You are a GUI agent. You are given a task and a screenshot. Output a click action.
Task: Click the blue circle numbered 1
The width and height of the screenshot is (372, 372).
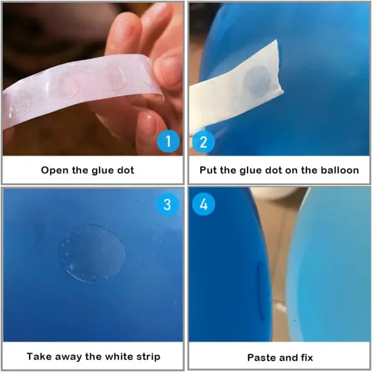click(x=168, y=141)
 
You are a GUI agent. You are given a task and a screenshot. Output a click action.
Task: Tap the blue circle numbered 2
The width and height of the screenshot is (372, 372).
click(x=204, y=142)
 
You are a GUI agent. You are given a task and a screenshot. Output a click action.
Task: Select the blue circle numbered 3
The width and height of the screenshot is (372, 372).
click(x=167, y=204)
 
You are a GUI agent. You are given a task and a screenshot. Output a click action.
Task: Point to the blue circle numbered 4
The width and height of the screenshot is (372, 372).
click(x=204, y=204)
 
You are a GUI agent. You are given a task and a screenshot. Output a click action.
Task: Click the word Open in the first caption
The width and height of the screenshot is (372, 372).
click(x=55, y=170)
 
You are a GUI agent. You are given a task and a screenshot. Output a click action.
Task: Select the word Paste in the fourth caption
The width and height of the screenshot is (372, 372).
click(x=260, y=358)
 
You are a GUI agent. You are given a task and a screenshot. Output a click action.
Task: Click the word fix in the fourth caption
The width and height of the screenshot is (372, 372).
click(x=306, y=358)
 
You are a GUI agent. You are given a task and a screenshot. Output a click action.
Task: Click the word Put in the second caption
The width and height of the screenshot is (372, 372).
click(x=208, y=170)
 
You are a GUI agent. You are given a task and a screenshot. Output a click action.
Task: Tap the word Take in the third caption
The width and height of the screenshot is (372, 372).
click(x=39, y=356)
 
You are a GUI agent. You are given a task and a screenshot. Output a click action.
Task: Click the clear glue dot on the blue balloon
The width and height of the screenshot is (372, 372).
click(x=93, y=253)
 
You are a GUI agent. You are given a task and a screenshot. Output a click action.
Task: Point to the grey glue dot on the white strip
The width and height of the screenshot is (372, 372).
click(x=257, y=82)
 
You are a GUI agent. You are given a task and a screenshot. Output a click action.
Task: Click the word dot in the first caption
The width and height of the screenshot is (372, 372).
click(x=126, y=170)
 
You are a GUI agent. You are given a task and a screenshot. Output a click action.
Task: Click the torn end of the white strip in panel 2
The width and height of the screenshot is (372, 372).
click(x=279, y=66)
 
